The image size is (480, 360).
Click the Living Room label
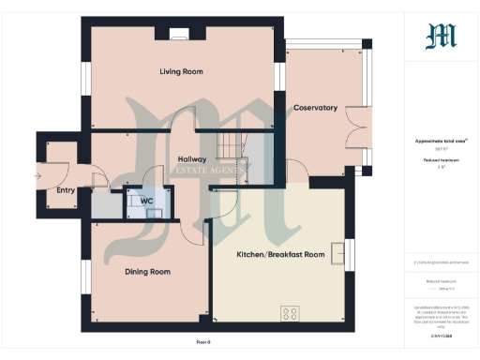coord(182,71)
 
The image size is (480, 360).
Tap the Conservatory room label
coord(315,108)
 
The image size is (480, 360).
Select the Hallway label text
coord(191,159)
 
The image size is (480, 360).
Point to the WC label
coord(147,202)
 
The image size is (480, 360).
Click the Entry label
coord(66,190)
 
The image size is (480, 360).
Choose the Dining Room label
coord(147,272)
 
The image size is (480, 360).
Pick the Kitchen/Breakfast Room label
coord(280,254)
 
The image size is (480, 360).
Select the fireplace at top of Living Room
coord(179,35)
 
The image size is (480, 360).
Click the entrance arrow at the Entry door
coord(38,175)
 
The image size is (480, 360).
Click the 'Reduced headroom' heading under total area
coord(435,161)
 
